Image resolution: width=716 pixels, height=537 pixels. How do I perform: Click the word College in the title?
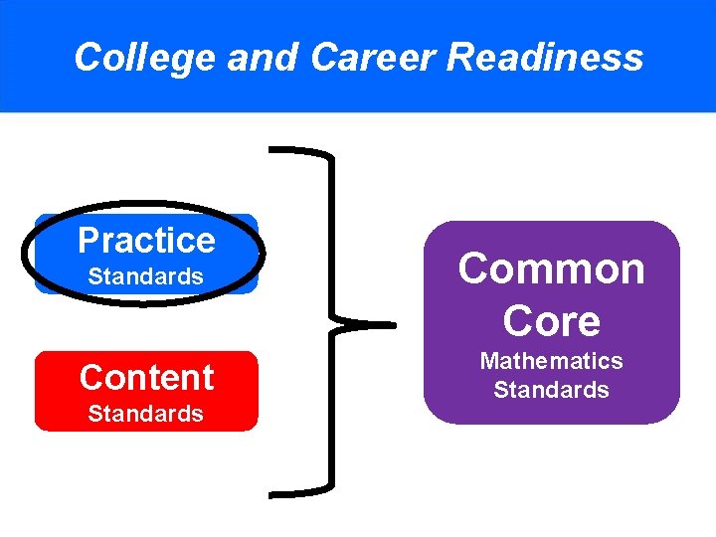coord(145,58)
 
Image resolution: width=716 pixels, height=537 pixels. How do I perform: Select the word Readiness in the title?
coord(545,58)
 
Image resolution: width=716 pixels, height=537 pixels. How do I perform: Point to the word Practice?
coord(146,241)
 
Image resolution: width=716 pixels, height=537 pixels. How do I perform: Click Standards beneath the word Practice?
coord(145,277)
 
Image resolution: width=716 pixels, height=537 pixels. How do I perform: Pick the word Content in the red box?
coord(146,378)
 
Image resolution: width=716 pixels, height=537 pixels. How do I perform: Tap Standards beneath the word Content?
coord(145,414)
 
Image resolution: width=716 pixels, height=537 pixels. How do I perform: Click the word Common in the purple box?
coord(551,269)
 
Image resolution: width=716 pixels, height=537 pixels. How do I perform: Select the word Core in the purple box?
coord(551,321)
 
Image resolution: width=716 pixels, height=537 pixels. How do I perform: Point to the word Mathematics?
coord(551,361)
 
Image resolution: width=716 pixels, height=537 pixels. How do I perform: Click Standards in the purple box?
coord(551,390)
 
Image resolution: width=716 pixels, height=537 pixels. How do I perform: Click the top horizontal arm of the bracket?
coord(298,152)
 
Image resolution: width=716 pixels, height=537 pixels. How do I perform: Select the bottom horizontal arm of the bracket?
coord(298,492)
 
